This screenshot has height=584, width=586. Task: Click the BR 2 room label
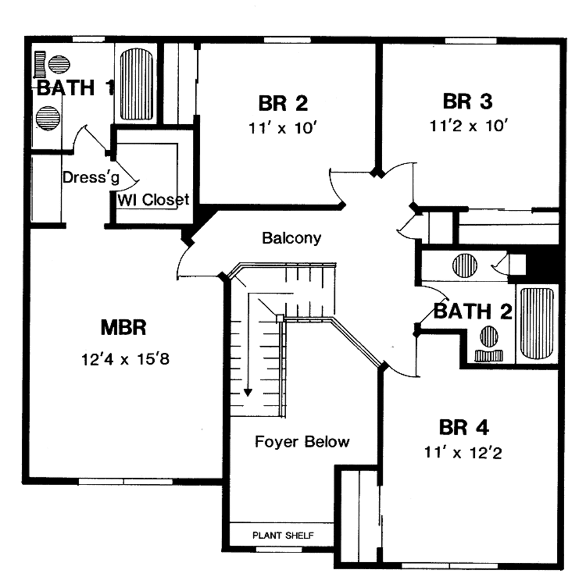point(283,103)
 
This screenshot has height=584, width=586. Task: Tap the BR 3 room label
point(468,101)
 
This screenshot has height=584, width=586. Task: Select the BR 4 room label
point(464,427)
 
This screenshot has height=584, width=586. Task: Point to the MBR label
point(124,328)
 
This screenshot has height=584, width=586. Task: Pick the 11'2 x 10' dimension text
point(469,126)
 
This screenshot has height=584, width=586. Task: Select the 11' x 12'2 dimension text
point(464,453)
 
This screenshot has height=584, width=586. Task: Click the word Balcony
point(291,237)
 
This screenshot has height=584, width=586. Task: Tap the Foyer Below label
point(302,442)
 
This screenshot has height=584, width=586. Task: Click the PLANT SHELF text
point(283,536)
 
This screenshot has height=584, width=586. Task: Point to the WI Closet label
point(153,200)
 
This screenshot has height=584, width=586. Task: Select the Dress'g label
point(91,177)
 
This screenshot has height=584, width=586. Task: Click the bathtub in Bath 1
point(136,84)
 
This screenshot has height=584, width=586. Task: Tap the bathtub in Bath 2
point(537,323)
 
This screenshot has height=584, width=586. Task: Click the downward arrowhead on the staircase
point(248,392)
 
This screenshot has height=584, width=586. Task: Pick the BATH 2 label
point(472,312)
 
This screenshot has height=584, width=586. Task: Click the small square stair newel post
point(280,317)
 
